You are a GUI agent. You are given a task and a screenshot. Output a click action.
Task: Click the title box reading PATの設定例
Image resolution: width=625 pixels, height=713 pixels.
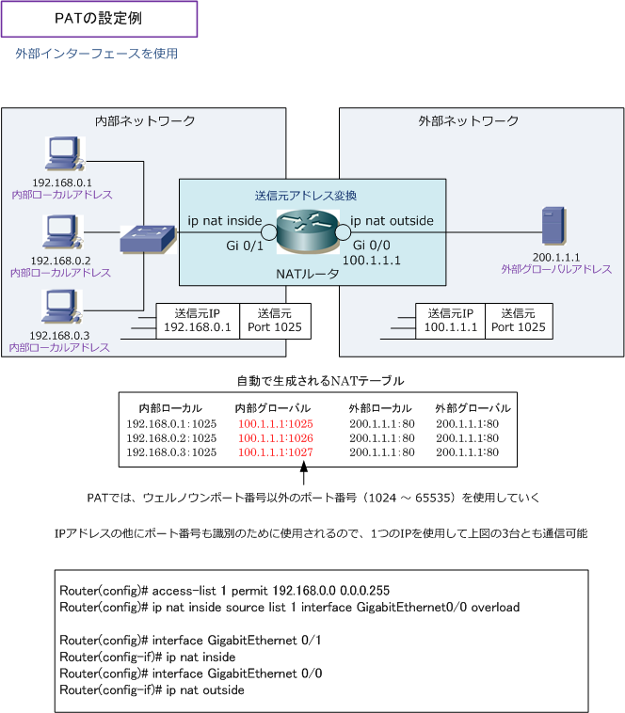pos(99,19)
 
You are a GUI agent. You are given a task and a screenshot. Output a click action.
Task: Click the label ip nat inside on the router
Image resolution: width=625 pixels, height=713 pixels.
pos(225,221)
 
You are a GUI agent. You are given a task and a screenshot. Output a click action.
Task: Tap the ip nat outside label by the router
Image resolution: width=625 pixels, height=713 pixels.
pos(392,221)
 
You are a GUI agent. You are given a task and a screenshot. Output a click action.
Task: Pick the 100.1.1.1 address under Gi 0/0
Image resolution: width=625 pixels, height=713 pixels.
pos(372,261)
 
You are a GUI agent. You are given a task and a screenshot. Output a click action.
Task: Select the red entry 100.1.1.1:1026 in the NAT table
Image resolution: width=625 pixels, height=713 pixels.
pos(275,438)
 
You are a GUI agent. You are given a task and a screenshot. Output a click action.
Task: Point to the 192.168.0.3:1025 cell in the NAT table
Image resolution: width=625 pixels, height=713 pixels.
pos(171,452)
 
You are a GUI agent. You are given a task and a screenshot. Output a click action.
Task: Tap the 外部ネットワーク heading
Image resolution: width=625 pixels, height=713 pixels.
pos(468,121)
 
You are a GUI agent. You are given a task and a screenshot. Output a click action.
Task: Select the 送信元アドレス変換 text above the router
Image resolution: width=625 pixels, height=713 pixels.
pos(306,196)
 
